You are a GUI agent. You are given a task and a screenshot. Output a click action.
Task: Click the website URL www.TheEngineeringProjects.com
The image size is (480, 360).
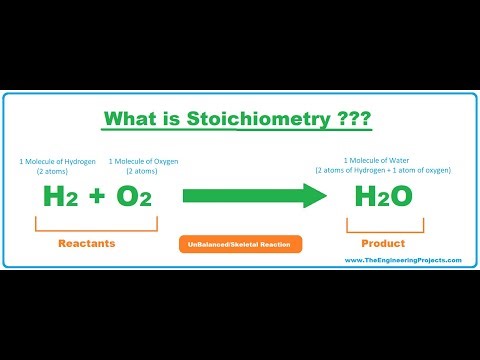(402, 260)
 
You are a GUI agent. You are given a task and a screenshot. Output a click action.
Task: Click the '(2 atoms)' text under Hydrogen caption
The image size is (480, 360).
(58, 171)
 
